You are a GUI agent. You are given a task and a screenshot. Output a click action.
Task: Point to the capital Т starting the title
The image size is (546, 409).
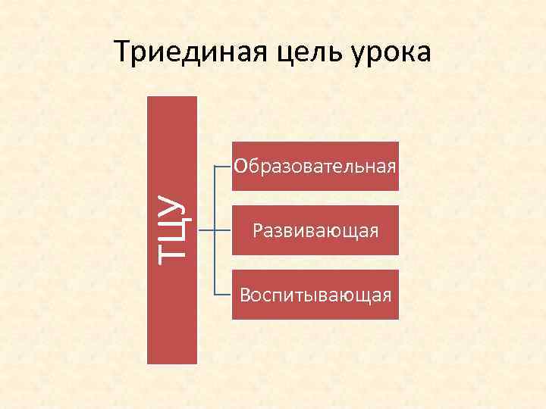(122, 52)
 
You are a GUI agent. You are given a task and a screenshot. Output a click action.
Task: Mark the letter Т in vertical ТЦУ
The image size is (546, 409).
(172, 249)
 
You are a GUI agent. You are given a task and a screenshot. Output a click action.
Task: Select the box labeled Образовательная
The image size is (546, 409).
(315, 165)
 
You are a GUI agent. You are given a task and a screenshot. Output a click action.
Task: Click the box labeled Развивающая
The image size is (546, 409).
(315, 228)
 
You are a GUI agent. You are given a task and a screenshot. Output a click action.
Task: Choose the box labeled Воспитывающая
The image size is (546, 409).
(315, 294)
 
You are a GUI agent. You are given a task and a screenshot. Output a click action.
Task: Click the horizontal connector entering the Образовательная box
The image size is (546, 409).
(223, 165)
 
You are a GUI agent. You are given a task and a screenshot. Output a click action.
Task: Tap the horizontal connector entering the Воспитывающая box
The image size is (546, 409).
(223, 293)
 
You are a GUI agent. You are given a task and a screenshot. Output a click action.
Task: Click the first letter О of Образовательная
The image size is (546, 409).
(240, 165)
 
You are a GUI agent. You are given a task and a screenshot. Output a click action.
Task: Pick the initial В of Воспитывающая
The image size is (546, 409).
(244, 294)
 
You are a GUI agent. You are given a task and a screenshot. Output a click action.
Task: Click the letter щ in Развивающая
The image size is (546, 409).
(356, 229)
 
